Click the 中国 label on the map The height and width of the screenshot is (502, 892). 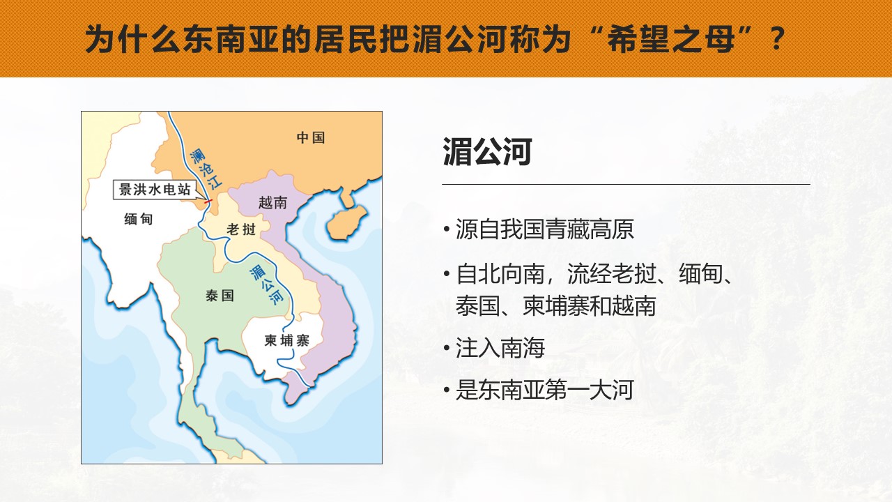tap(311, 138)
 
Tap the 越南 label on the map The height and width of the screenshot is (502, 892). tap(272, 203)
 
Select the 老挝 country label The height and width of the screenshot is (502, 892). tap(241, 229)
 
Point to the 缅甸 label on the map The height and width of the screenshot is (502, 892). tap(138, 219)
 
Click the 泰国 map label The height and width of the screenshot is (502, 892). tap(220, 296)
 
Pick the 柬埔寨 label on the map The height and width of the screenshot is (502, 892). tap(286, 341)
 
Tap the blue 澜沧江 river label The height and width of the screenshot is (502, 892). tap(206, 169)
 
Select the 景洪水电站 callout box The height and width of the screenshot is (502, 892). tap(155, 190)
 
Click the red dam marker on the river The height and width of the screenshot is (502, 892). tap(208, 201)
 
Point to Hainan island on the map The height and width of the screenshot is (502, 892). tap(346, 222)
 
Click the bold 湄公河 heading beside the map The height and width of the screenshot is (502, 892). tap(487, 152)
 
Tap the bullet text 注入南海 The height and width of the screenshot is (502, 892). tap(500, 348)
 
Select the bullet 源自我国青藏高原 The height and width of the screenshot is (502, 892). tap(544, 229)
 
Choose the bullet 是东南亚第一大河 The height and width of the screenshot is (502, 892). tap(544, 390)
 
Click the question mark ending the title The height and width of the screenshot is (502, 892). tap(777, 39)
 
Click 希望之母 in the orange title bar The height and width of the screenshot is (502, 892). tap(670, 39)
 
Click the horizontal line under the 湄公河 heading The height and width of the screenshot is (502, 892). tap(626, 185)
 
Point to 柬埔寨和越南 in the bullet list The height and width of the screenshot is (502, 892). tap(589, 306)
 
